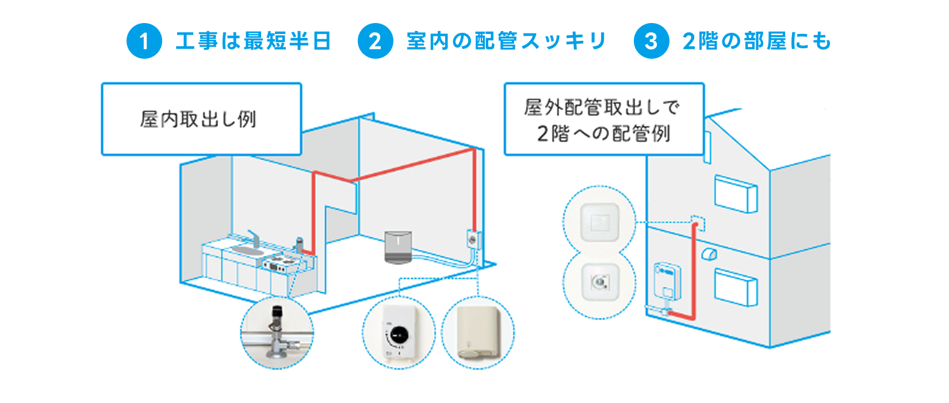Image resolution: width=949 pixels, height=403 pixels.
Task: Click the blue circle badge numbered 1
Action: (x=144, y=41)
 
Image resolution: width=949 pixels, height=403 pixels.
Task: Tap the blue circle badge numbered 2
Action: (x=375, y=41)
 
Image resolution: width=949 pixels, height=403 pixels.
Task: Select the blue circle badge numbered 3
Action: (x=651, y=41)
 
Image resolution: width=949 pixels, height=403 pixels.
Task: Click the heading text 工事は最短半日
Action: (x=253, y=41)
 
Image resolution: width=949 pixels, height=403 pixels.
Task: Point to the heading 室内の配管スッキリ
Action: (x=506, y=41)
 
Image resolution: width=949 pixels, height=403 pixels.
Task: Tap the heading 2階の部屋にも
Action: (x=756, y=41)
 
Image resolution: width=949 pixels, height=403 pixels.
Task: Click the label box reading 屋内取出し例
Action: (x=201, y=119)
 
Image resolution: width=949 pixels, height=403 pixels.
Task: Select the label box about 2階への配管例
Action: (x=604, y=119)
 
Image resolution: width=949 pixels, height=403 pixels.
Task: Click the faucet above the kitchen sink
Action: (x=254, y=238)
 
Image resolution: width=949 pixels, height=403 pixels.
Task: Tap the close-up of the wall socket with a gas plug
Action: (x=599, y=282)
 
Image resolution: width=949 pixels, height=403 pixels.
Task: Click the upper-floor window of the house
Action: (x=736, y=193)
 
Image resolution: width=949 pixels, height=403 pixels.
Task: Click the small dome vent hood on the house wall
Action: (x=709, y=254)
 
